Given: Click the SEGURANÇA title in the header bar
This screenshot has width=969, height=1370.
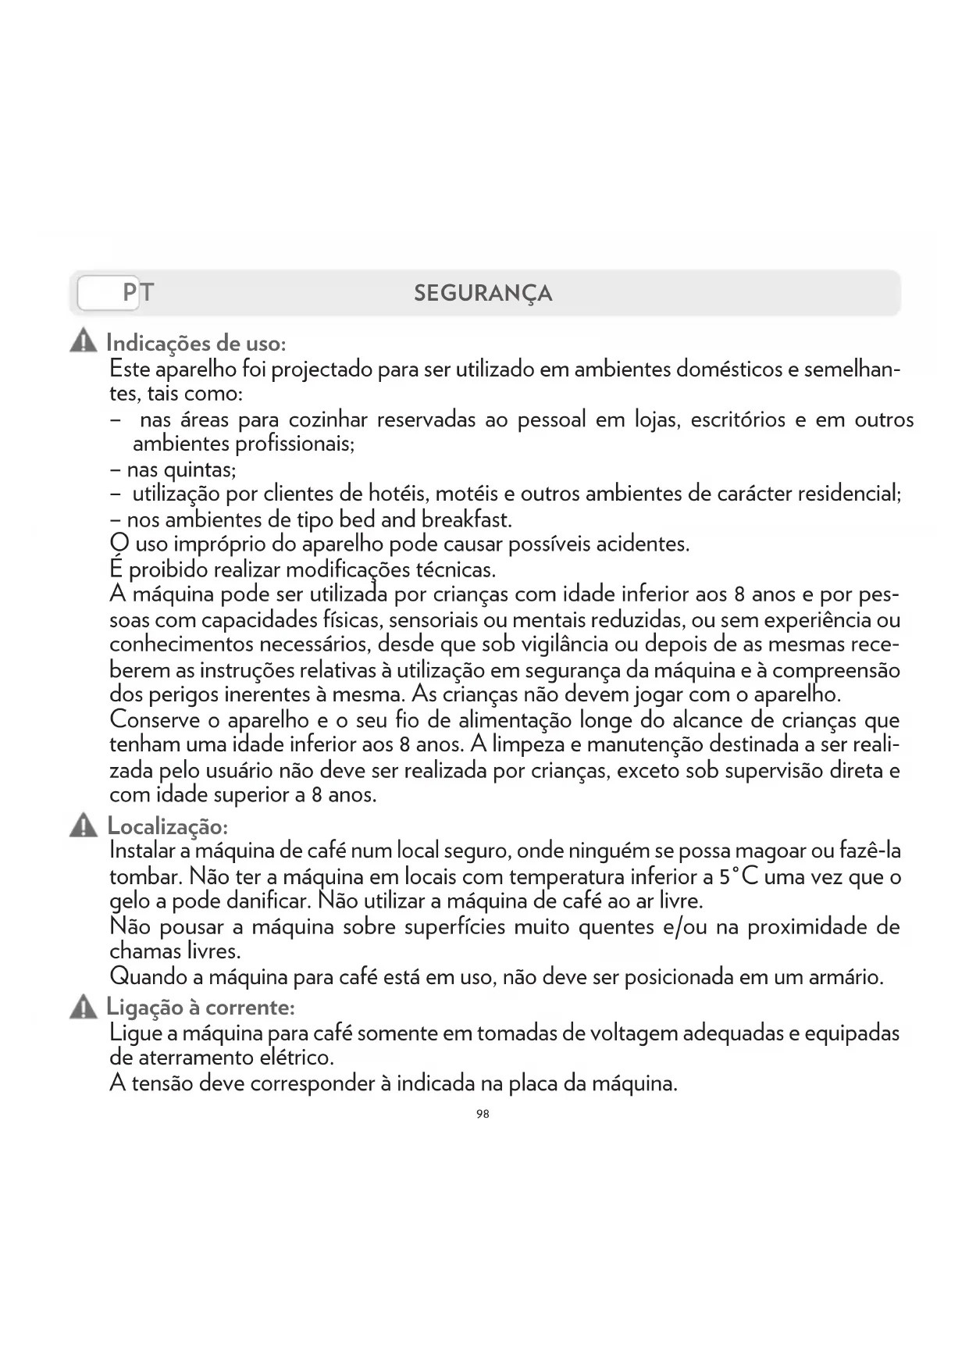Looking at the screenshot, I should tap(483, 294).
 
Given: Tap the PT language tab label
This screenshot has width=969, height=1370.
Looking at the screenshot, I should tap(138, 293).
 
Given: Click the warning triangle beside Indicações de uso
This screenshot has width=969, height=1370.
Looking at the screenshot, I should tap(83, 342).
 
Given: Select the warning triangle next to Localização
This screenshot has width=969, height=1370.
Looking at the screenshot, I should tap(83, 826).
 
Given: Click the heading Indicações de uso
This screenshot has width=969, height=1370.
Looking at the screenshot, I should tap(196, 343).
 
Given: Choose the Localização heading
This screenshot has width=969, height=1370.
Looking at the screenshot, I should tap(167, 826).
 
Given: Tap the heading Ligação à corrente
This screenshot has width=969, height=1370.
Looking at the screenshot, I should tap(201, 1008).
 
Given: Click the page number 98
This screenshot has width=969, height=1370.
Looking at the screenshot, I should tap(483, 1114).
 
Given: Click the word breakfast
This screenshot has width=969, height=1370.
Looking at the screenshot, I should tap(466, 519).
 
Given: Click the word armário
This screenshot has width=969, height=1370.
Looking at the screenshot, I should tap(846, 977).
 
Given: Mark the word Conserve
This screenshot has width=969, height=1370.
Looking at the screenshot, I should tap(155, 719).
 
